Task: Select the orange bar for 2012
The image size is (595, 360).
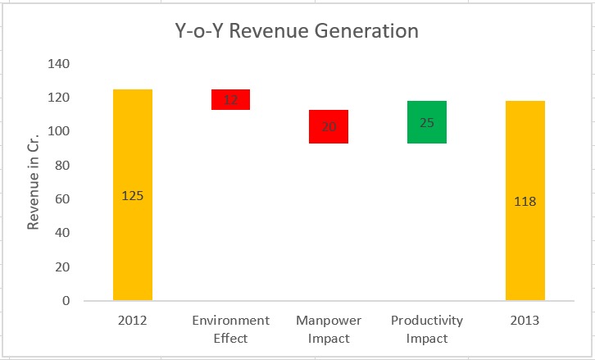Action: coord(133,246)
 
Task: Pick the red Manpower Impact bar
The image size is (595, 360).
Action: coord(329,116)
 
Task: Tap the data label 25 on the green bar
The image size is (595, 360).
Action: coord(427,123)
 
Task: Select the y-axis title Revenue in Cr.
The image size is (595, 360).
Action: coord(34,181)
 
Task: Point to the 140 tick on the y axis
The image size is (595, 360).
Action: coord(59,64)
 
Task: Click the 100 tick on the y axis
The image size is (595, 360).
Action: coord(59,131)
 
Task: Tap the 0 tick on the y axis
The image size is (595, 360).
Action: coord(66,301)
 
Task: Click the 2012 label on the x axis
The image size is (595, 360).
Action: coord(133,320)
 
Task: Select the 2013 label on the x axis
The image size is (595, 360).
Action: coord(525,320)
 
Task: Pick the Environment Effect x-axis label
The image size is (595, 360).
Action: coord(230,327)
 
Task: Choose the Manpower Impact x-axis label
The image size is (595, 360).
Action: coord(329,327)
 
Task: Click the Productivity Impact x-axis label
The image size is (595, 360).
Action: coord(427,327)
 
